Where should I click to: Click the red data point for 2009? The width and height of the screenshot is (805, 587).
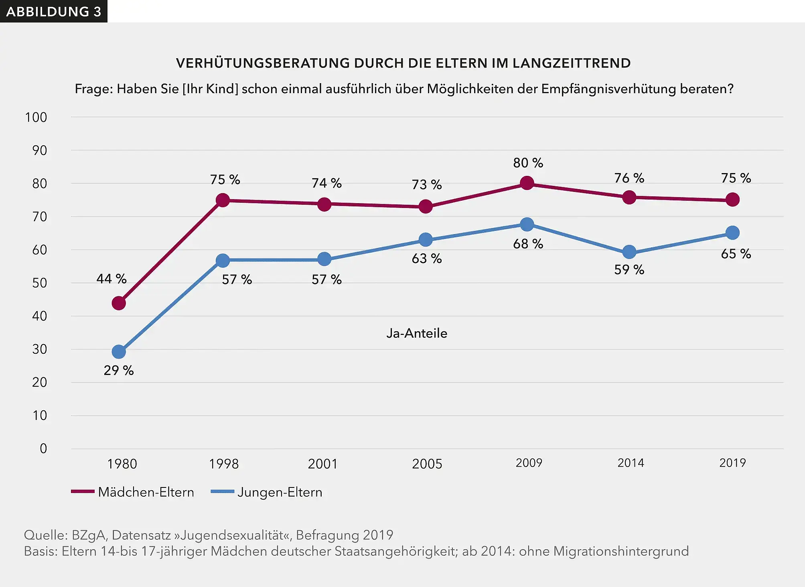point(527,183)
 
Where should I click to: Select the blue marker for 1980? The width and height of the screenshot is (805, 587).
point(119,352)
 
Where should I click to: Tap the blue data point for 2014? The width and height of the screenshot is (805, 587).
point(629,252)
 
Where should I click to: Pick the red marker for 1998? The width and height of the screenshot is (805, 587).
point(223,200)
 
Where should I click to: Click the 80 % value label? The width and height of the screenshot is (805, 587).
point(528,163)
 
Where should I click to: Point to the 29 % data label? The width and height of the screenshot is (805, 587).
point(118,370)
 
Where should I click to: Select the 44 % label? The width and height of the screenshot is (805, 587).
point(111,279)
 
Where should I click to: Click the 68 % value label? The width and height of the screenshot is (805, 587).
point(528,244)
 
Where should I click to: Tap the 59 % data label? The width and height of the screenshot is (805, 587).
point(629,269)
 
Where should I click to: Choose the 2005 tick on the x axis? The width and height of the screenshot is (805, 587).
point(427,464)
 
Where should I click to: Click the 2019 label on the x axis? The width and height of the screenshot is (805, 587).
point(732,463)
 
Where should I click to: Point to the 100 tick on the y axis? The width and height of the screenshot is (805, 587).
point(36,117)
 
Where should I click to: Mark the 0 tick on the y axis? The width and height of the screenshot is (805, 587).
point(43,448)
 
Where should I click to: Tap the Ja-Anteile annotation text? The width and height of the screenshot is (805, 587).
point(417,333)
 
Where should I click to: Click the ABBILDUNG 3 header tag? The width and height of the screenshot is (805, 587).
point(53,11)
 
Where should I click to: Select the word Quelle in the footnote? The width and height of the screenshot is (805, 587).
point(45,535)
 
